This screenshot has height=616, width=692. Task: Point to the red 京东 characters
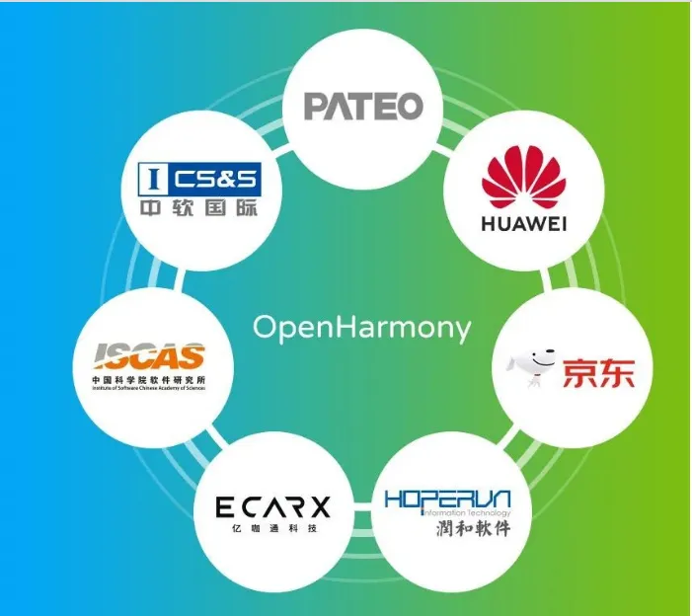click(x=598, y=373)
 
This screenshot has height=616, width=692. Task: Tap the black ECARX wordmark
click(x=273, y=508)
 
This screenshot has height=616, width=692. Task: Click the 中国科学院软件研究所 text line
click(x=149, y=380)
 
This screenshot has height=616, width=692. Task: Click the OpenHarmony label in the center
click(x=362, y=328)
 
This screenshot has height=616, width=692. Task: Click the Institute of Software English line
click(x=149, y=390)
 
